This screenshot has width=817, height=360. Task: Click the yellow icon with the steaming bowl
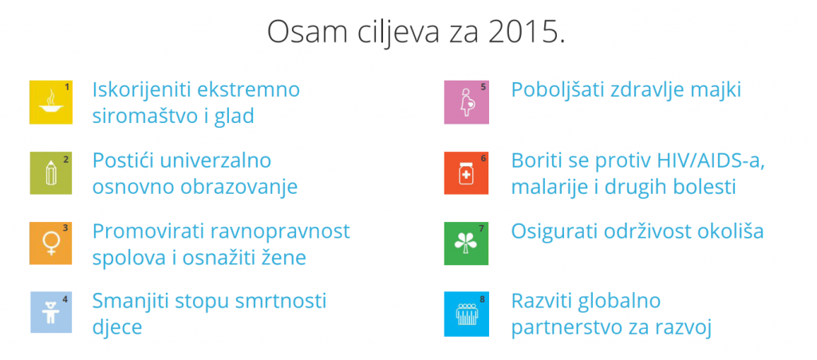(50, 102)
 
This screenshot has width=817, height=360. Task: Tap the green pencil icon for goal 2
(50, 173)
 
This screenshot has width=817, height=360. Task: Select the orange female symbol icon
(50, 243)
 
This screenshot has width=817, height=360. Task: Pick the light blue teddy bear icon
(50, 312)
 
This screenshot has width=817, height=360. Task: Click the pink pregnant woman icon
(466, 102)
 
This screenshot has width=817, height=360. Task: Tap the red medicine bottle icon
(466, 173)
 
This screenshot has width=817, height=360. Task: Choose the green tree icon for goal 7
(466, 243)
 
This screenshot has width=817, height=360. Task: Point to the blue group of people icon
(466, 314)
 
